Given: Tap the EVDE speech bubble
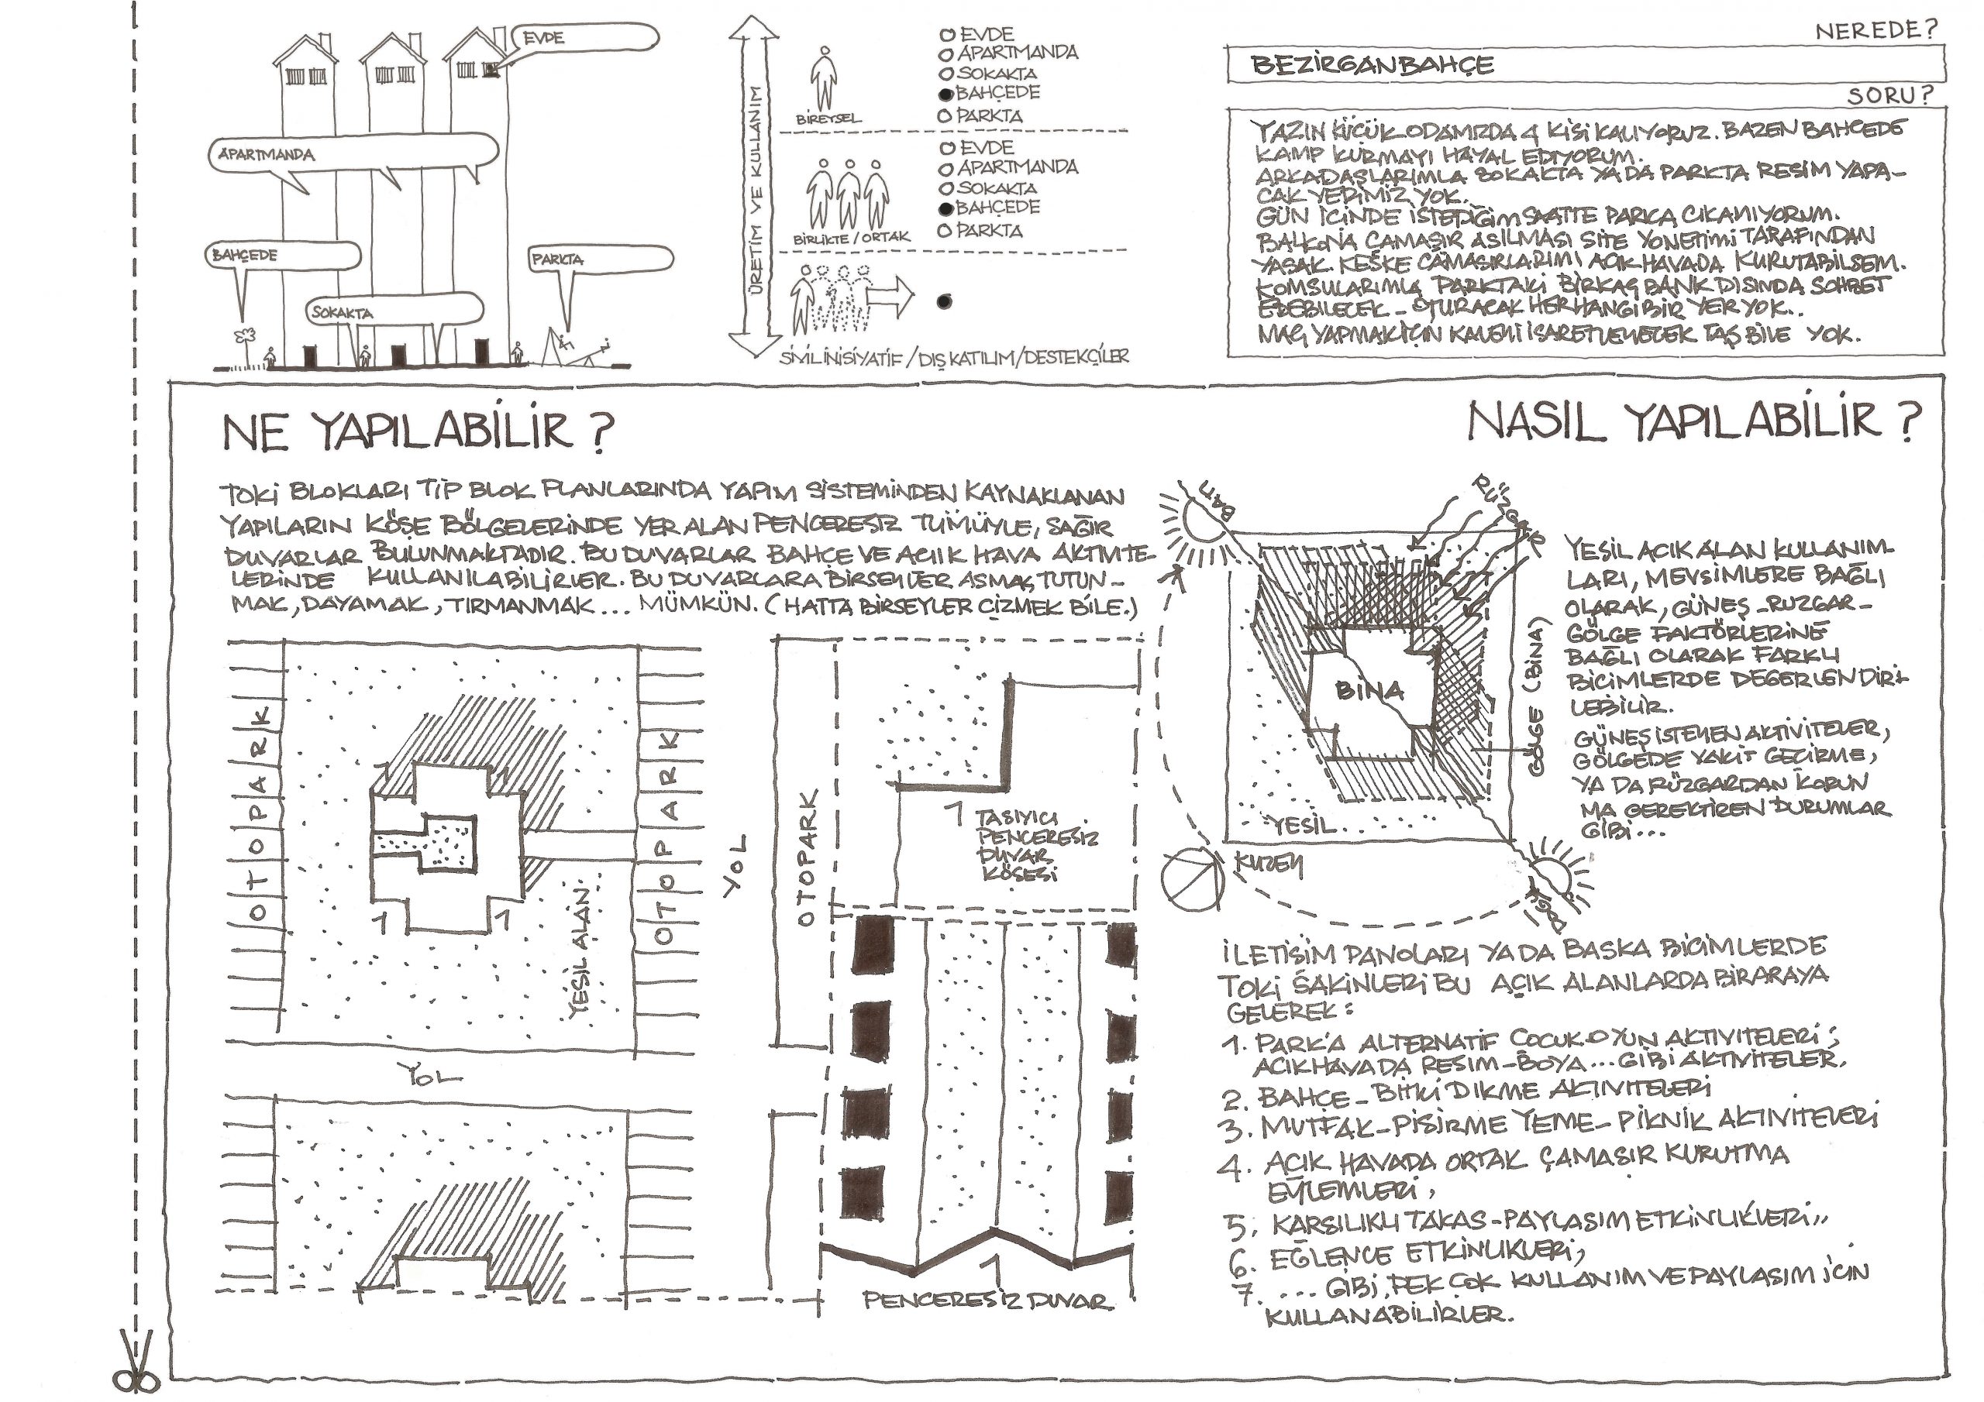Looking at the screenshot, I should click(587, 38).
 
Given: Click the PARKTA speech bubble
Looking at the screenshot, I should click(600, 259).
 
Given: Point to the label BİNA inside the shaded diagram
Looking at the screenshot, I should click(1369, 690).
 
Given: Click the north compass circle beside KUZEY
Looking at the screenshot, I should click(1188, 877).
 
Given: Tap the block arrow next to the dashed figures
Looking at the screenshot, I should click(889, 298).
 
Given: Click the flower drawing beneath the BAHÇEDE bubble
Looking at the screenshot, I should click(247, 337).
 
